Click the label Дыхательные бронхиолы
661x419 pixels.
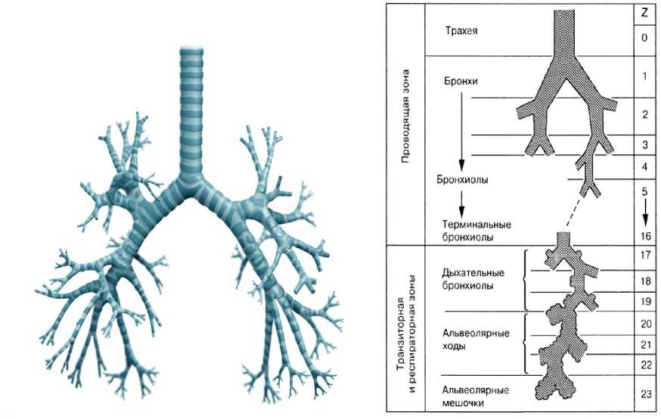pyautogui.click(x=470, y=279)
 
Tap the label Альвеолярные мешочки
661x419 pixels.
pyautogui.click(x=474, y=396)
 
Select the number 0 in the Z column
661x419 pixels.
pyautogui.click(x=643, y=36)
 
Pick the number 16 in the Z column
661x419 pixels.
pyautogui.click(x=644, y=237)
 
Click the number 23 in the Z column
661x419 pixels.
pyautogui.click(x=644, y=393)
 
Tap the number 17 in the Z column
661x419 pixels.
pyautogui.click(x=644, y=256)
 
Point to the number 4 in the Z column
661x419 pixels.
pyautogui.click(x=643, y=166)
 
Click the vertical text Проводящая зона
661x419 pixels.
pyautogui.click(x=405, y=123)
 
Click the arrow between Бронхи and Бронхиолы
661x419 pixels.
pyautogui.click(x=460, y=129)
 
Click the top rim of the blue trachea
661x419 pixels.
pyautogui.click(x=191, y=49)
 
